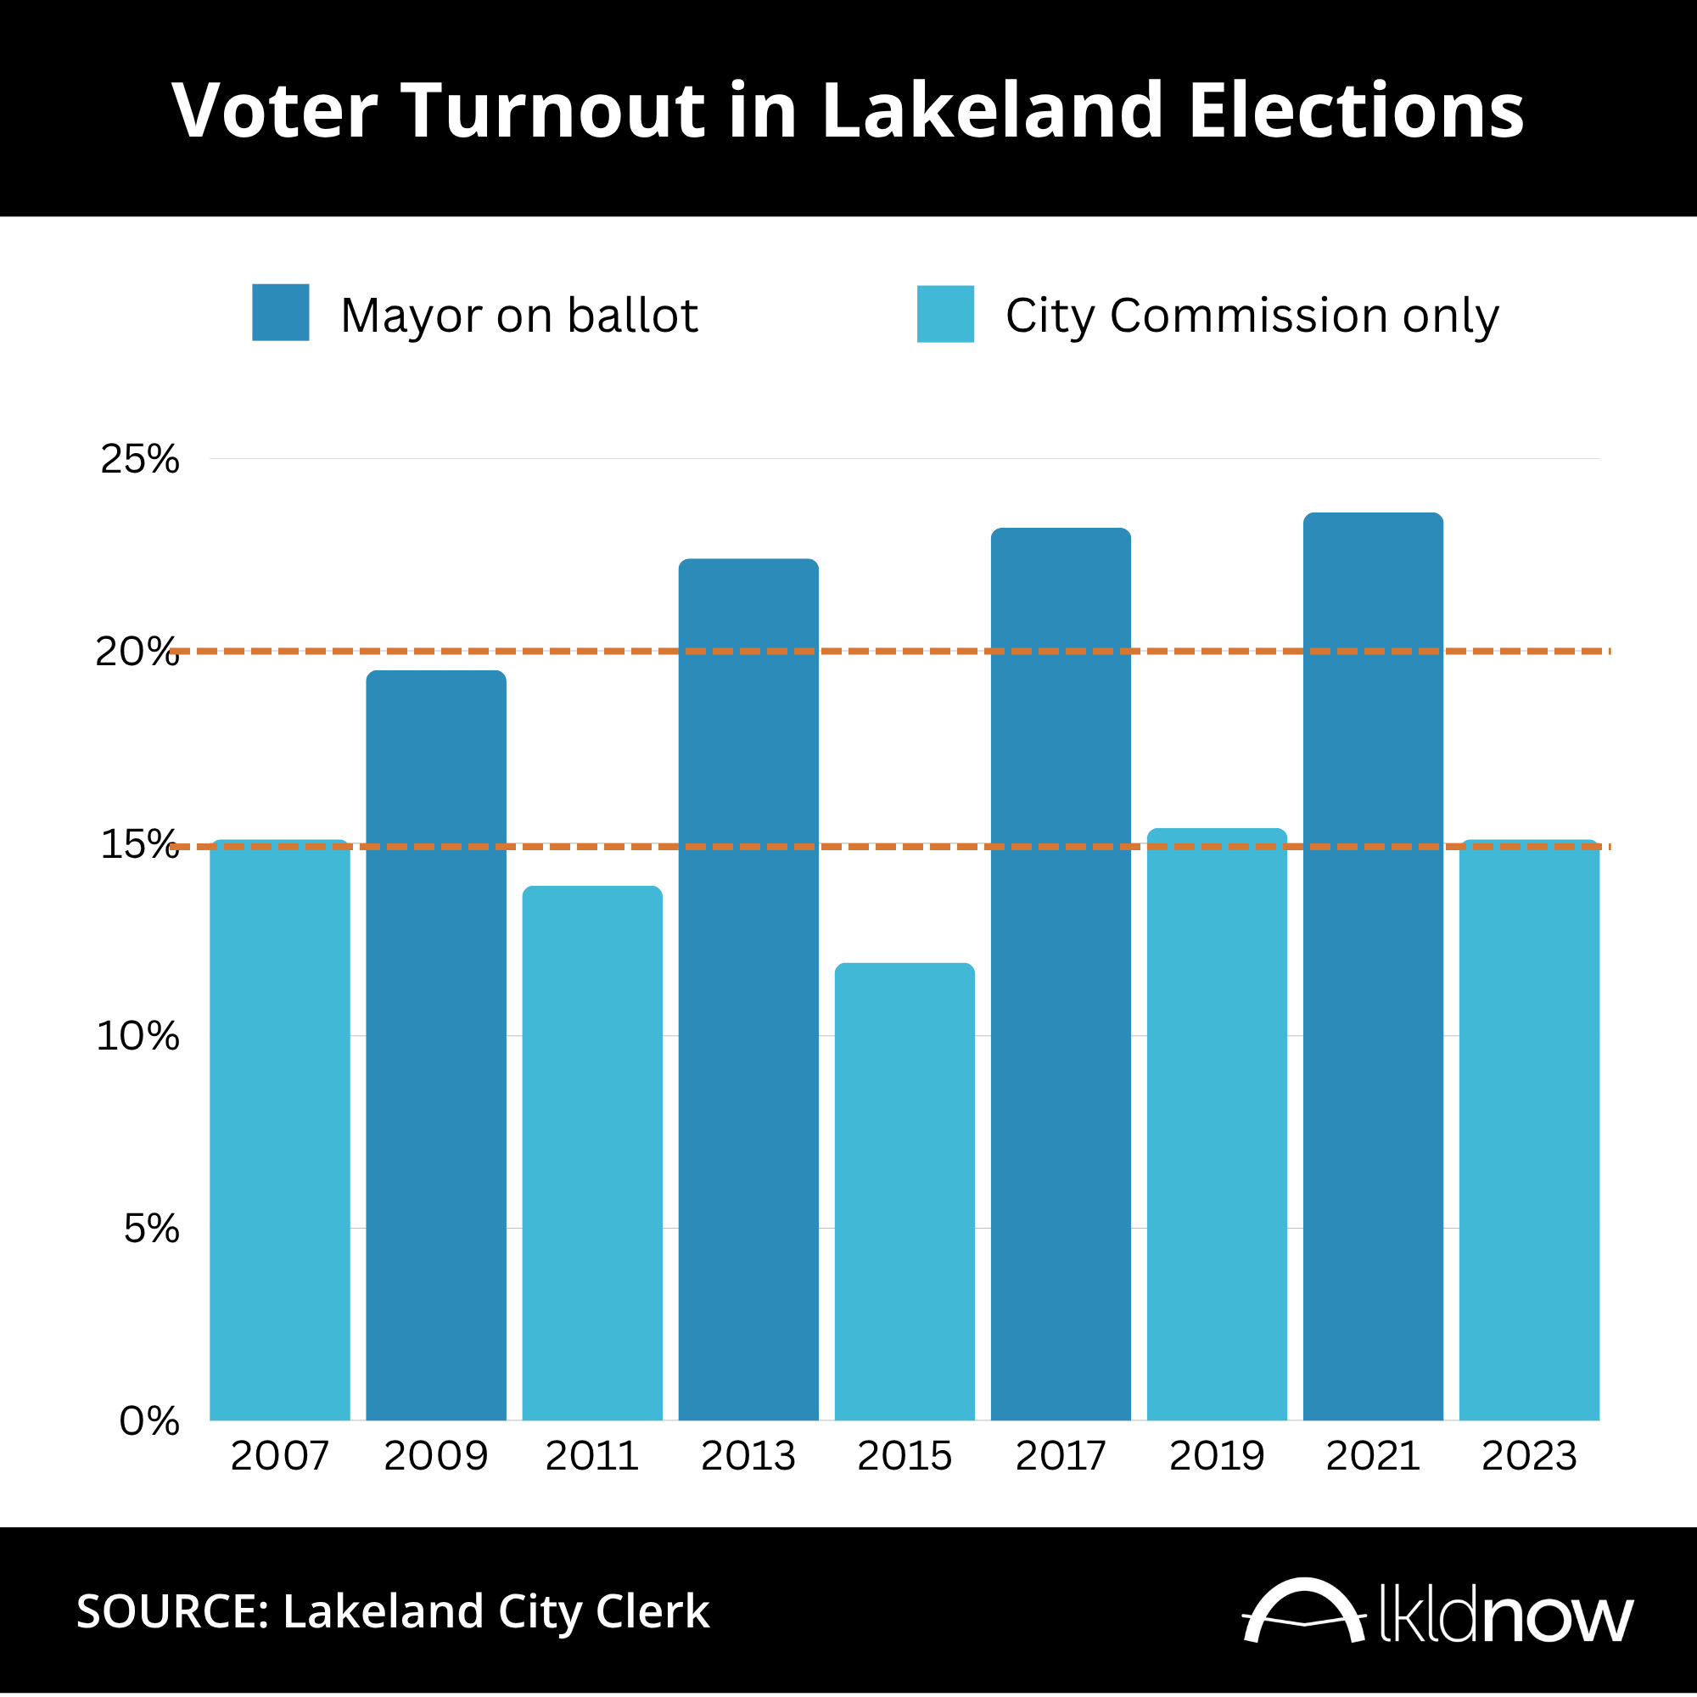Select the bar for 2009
pyautogui.click(x=435, y=1045)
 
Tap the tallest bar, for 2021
pyautogui.click(x=1373, y=966)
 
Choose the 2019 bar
pyautogui.click(x=1217, y=1124)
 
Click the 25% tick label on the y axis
pyautogui.click(x=140, y=459)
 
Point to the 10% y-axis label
pyautogui.click(x=138, y=1037)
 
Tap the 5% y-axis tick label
pyautogui.click(x=151, y=1229)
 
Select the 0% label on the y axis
pyautogui.click(x=149, y=1421)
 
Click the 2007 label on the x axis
pyautogui.click(x=279, y=1456)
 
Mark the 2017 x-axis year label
pyautogui.click(x=1060, y=1456)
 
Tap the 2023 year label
pyautogui.click(x=1529, y=1456)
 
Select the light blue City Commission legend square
pyautogui.click(x=945, y=314)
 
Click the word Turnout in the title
pyautogui.click(x=555, y=110)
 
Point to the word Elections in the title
pyautogui.click(x=1356, y=110)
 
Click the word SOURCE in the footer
pyautogui.click(x=173, y=1612)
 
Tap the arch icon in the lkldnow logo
pyautogui.click(x=1303, y=1610)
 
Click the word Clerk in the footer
pyautogui.click(x=652, y=1612)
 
